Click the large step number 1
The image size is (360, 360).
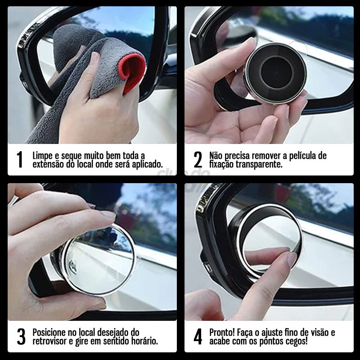coord(19,160)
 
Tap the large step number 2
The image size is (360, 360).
coord(198,160)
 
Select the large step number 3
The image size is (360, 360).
coord(21,337)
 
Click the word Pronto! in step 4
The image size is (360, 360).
coord(224,333)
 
